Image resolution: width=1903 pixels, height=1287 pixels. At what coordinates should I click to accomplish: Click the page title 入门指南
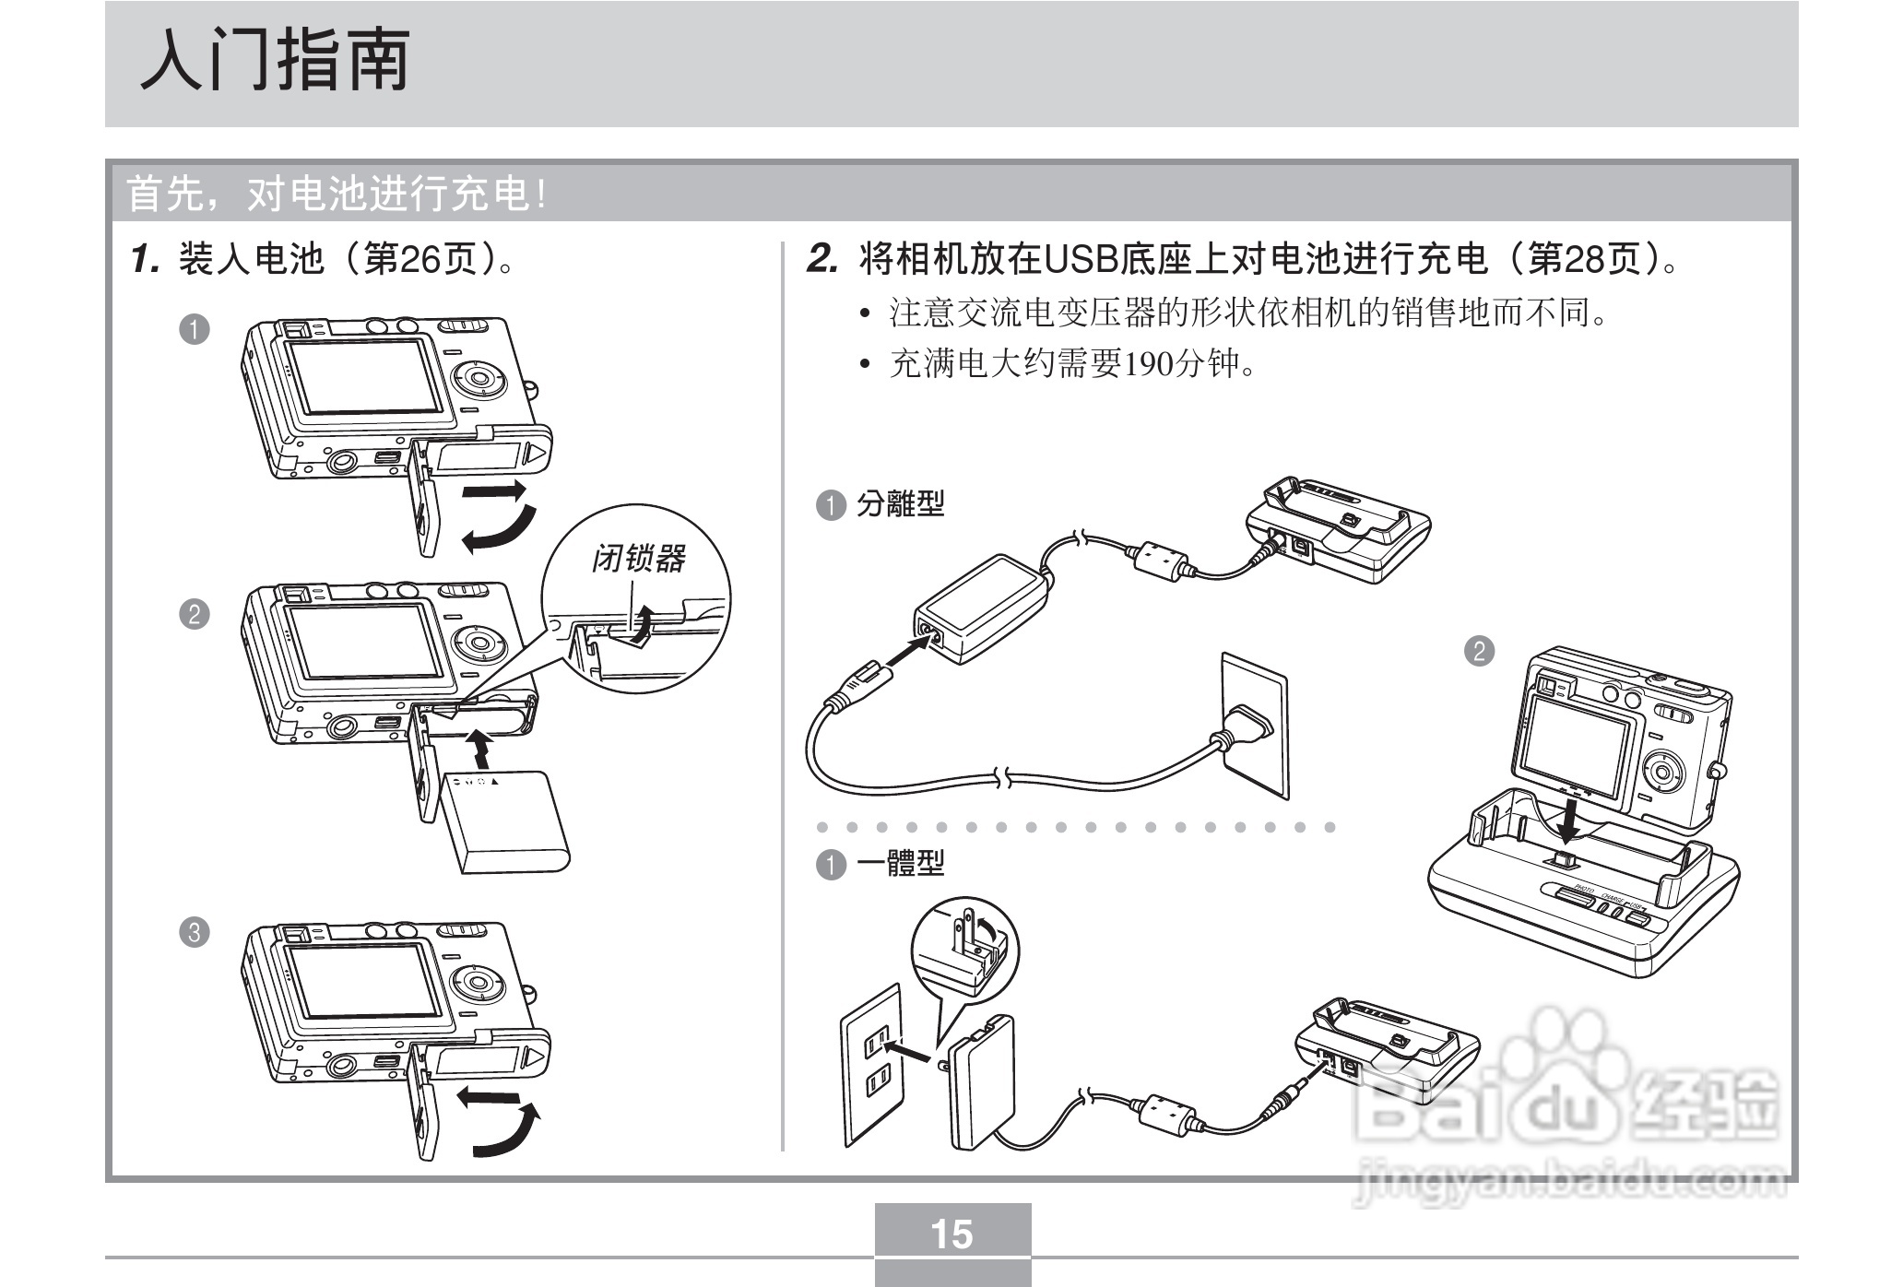(x=275, y=61)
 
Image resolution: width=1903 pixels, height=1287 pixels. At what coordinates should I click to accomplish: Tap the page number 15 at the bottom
(x=951, y=1234)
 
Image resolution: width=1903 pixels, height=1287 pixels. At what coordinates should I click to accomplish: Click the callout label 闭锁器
(x=638, y=559)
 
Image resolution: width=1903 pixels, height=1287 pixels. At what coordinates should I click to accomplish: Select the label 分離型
(x=900, y=504)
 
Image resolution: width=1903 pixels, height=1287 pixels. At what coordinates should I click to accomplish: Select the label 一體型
(x=900, y=864)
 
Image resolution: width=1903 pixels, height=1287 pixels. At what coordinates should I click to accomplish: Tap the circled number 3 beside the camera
(x=194, y=932)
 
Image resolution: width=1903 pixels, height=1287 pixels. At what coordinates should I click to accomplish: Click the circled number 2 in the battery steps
(x=194, y=614)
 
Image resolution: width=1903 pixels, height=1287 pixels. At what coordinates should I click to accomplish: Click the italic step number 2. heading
(x=822, y=260)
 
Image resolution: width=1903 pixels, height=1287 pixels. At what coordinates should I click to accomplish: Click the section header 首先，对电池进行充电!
(x=337, y=195)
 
